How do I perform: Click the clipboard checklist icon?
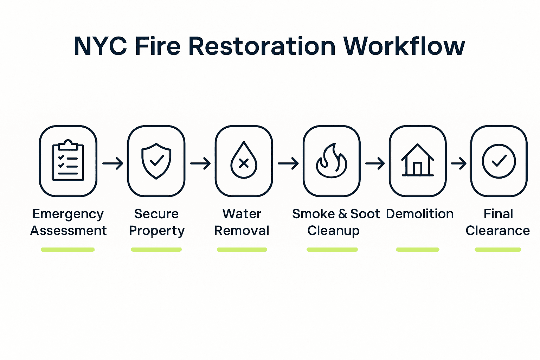pos(68,161)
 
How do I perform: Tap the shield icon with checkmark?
pos(156,161)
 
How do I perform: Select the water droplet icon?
pos(244,161)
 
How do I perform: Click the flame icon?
pos(332,161)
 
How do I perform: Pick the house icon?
pos(417,160)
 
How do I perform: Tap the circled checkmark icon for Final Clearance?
pos(499,161)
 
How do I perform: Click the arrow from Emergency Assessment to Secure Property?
pos(112,163)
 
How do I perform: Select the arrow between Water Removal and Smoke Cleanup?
pos(288,163)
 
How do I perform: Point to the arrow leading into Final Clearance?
pos(458,163)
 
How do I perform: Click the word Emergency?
pos(68,214)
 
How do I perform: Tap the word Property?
pos(156,231)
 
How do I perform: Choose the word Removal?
pos(242,231)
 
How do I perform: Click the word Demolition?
pos(420,214)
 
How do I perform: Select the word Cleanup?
pos(333,231)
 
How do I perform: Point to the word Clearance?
pos(497,231)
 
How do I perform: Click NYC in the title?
pos(100,46)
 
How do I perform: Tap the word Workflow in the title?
pos(404,46)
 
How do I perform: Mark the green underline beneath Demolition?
pos(418,250)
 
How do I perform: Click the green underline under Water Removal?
pos(242,250)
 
